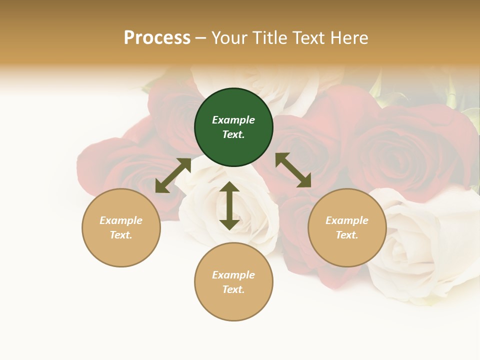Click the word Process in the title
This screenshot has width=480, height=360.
[x=157, y=38]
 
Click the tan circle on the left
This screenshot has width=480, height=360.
[x=121, y=227]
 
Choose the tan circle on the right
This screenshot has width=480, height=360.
[x=347, y=227]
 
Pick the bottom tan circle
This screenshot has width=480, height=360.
[x=233, y=281]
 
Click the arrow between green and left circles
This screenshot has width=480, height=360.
[x=173, y=175]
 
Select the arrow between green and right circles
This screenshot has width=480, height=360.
[x=293, y=170]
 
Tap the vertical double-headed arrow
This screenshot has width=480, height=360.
[x=229, y=205]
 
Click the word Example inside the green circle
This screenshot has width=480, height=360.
[x=233, y=120]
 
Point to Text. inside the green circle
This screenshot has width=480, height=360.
[x=233, y=135]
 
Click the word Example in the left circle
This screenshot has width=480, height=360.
[x=121, y=220]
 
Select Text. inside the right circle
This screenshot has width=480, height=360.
[x=347, y=235]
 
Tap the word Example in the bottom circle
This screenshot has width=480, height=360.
[x=233, y=275]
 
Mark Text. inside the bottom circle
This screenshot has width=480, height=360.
[x=233, y=289]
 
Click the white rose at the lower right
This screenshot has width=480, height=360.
[x=420, y=250]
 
